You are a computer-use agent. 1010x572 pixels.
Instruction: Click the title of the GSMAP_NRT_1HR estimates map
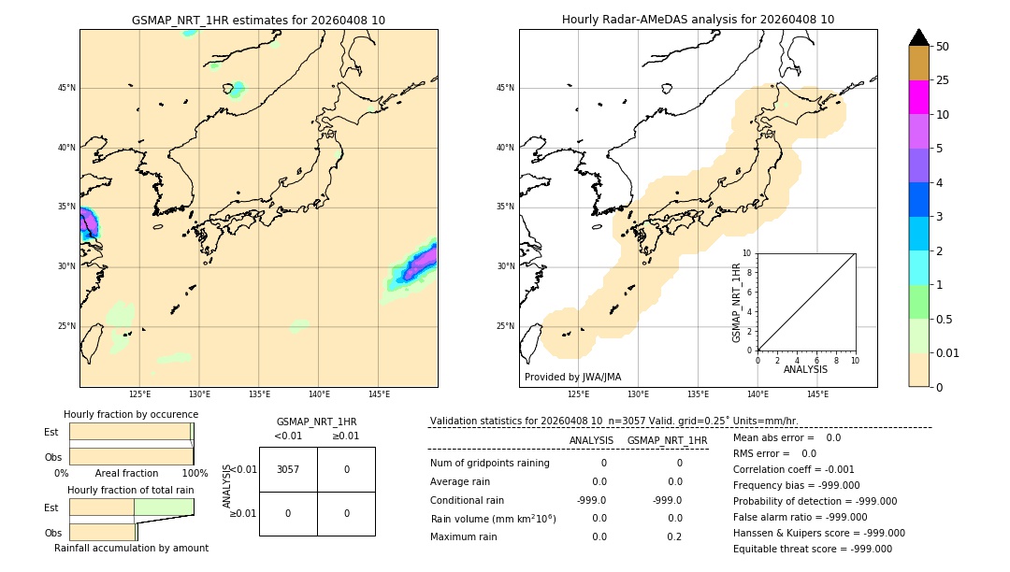tap(258, 20)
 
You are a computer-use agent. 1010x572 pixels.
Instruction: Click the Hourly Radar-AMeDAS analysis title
tap(698, 20)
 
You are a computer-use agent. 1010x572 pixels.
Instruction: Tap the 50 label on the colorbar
tap(943, 47)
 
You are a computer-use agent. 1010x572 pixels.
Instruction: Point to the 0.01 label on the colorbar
tap(948, 352)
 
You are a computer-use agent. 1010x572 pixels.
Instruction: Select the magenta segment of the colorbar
tap(918, 97)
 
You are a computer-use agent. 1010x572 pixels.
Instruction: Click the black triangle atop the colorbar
tap(918, 37)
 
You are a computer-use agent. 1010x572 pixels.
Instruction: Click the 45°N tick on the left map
tap(66, 88)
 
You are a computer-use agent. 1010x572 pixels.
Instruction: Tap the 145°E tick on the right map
tap(817, 394)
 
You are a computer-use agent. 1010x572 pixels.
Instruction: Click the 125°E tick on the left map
tap(139, 394)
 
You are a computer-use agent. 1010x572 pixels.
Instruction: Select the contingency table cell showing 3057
tap(288, 469)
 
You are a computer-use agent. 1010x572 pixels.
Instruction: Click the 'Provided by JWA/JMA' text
tap(572, 377)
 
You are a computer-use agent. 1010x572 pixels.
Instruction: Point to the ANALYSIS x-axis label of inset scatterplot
tap(805, 369)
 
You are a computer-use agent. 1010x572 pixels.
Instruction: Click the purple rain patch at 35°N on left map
tap(88, 222)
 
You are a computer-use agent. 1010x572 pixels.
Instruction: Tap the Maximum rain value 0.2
tap(674, 536)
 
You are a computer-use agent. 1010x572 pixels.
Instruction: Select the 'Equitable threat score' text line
tap(813, 549)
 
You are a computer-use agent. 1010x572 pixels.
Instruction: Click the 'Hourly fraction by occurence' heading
tap(131, 414)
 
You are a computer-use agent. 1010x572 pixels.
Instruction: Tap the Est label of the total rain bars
tap(50, 508)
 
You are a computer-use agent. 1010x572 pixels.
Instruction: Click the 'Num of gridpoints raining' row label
tap(489, 463)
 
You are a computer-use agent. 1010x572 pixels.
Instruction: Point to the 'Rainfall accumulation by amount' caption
tap(131, 548)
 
